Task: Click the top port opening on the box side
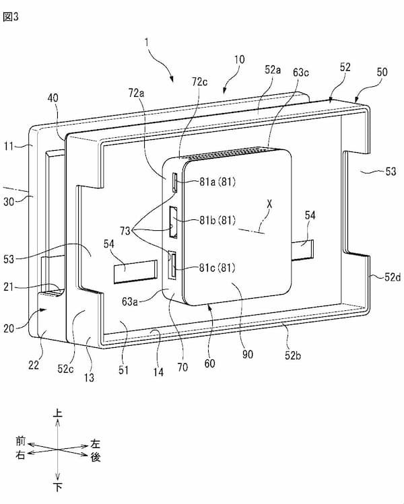(174, 182)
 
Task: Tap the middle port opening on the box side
(172, 223)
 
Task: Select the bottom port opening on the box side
(172, 264)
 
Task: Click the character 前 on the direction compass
(20, 441)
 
